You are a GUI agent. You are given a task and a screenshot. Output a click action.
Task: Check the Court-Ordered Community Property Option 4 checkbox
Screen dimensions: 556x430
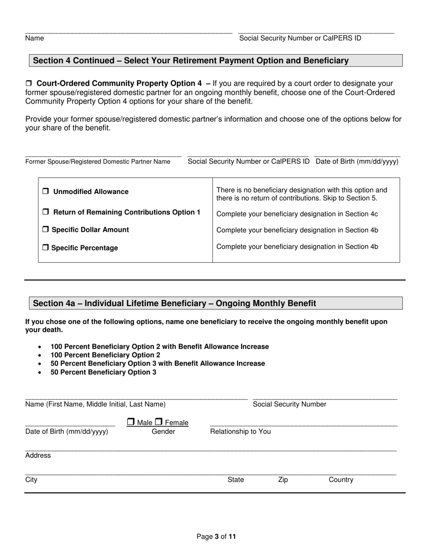(29, 84)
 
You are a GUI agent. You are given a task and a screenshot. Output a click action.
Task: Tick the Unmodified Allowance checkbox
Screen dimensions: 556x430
(46, 192)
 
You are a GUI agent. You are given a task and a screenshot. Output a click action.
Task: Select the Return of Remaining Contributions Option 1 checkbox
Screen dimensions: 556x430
(46, 212)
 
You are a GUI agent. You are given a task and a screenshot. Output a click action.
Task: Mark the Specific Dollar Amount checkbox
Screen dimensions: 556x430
(46, 230)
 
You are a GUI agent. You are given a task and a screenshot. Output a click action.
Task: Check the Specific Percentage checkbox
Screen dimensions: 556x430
(46, 248)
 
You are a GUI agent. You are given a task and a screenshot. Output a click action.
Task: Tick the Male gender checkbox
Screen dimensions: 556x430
(130, 422)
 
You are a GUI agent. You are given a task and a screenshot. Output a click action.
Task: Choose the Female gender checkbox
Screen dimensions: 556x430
(158, 422)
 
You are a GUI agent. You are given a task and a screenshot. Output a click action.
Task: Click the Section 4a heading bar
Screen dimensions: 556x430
(215, 303)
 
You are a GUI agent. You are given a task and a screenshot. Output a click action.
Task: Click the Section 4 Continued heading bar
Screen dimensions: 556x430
(215, 61)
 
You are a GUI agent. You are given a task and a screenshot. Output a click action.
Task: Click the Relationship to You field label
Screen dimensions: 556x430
(240, 432)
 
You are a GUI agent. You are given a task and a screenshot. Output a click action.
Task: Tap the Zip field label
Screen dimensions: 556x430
(282, 480)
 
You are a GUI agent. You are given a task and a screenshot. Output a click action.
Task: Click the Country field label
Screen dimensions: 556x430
(341, 480)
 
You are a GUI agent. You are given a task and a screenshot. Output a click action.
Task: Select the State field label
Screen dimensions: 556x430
(235, 480)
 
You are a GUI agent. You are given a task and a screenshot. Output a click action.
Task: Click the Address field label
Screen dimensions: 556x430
(38, 456)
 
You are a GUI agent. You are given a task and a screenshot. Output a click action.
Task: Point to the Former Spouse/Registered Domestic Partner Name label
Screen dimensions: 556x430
(98, 162)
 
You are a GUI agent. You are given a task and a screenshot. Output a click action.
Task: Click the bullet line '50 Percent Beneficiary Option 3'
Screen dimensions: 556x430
(103, 372)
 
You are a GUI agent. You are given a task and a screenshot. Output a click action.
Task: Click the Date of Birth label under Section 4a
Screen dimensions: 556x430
(67, 432)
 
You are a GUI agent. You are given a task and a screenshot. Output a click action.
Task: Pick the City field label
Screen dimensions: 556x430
(31, 480)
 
